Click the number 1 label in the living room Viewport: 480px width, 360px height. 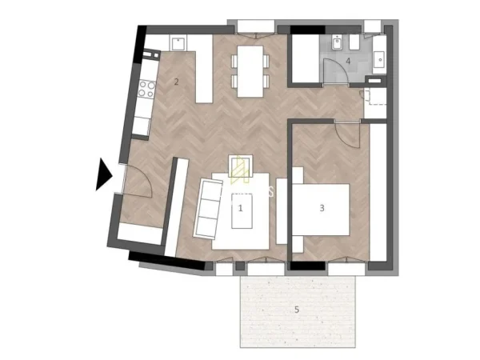(x=240, y=207)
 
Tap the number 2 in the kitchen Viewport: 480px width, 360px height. (x=175, y=81)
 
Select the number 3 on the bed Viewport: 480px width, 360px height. (x=322, y=208)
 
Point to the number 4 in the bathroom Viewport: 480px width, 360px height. (x=348, y=60)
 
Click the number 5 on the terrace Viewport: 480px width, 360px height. (x=296, y=309)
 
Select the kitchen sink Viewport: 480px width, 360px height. (x=177, y=43)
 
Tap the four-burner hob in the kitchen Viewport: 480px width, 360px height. (x=146, y=90)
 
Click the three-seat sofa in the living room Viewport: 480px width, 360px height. (x=210, y=208)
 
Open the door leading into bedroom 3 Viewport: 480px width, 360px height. (x=346, y=132)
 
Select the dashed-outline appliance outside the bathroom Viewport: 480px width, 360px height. (x=374, y=98)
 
